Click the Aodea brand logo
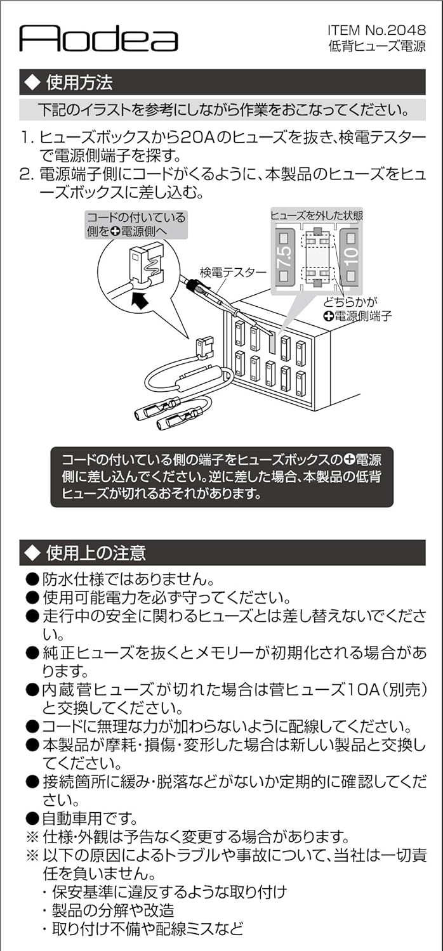coord(98,39)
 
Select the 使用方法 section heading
coord(79,82)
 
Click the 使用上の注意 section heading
coord(95,552)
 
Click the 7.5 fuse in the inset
coord(284,259)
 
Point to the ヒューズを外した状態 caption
coord(317,216)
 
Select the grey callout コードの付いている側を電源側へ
coord(136,225)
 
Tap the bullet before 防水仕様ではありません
coord(32,579)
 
